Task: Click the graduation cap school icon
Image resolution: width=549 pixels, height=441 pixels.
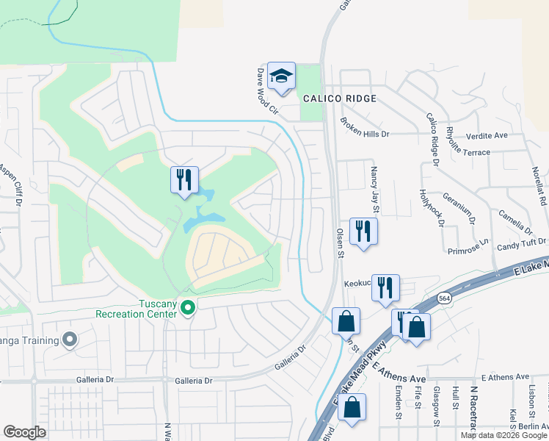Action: coord(281,76)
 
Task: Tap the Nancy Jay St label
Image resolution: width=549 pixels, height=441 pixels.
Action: coord(374,184)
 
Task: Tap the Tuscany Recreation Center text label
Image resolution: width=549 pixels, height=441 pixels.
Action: coord(136,309)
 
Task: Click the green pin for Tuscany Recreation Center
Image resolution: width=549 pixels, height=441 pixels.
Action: coord(188,307)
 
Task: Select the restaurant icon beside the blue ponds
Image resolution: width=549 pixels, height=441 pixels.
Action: coord(183,179)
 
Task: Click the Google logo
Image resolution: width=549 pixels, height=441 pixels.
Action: coord(24,431)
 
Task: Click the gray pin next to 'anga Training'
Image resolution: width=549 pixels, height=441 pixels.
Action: coord(70,338)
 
